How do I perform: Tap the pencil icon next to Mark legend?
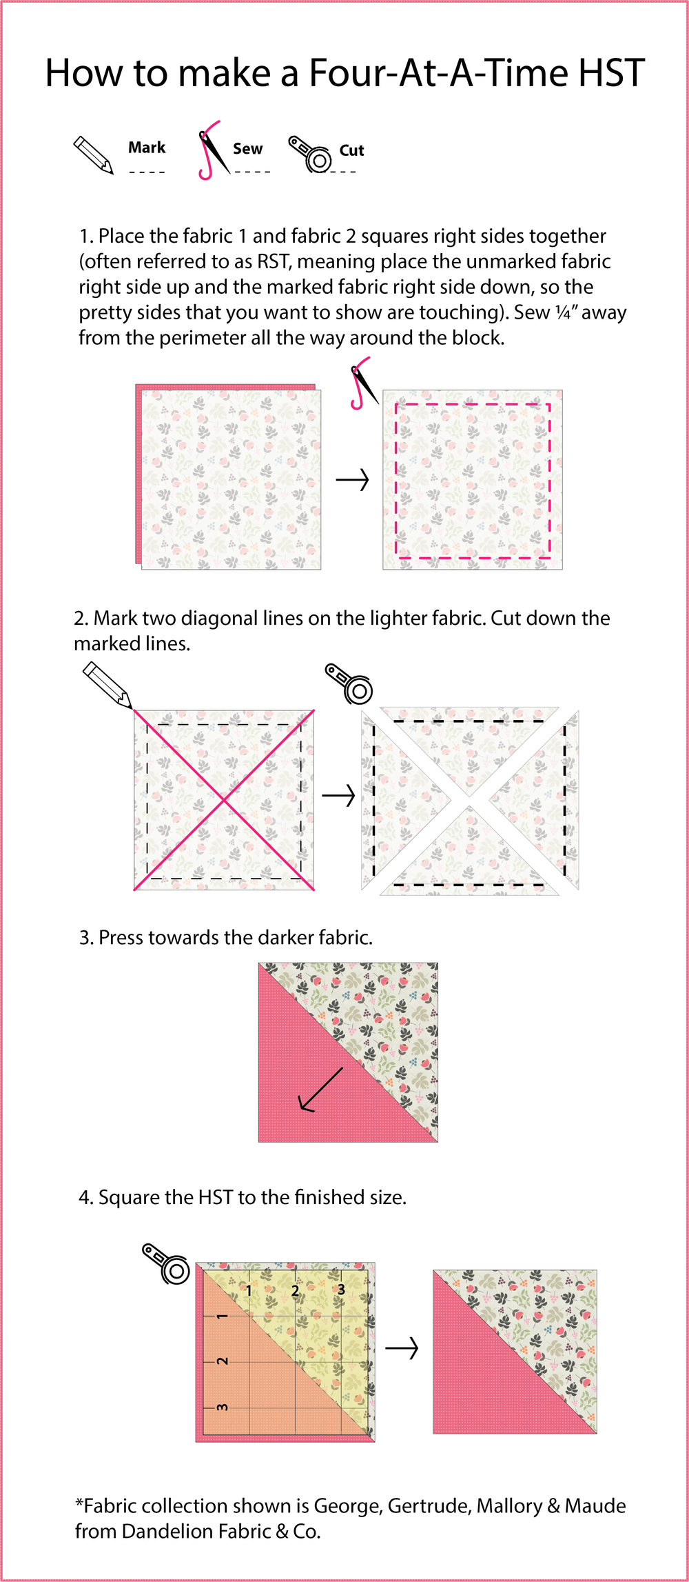(x=93, y=154)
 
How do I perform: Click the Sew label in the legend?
(x=247, y=149)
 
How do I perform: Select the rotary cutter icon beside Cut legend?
(x=311, y=154)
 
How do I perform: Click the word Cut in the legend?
(x=351, y=150)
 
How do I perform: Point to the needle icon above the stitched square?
(x=362, y=383)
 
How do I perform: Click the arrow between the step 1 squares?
(x=353, y=479)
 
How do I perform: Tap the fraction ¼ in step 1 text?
(x=563, y=312)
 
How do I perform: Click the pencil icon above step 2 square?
(x=107, y=685)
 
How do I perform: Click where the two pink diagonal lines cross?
(x=224, y=800)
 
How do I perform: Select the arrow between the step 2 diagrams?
(x=338, y=797)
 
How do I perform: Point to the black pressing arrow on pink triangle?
(x=321, y=1090)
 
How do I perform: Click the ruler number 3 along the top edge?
(x=341, y=1289)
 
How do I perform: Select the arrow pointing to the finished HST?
(x=402, y=1348)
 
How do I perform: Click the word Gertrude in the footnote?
(x=429, y=1505)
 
